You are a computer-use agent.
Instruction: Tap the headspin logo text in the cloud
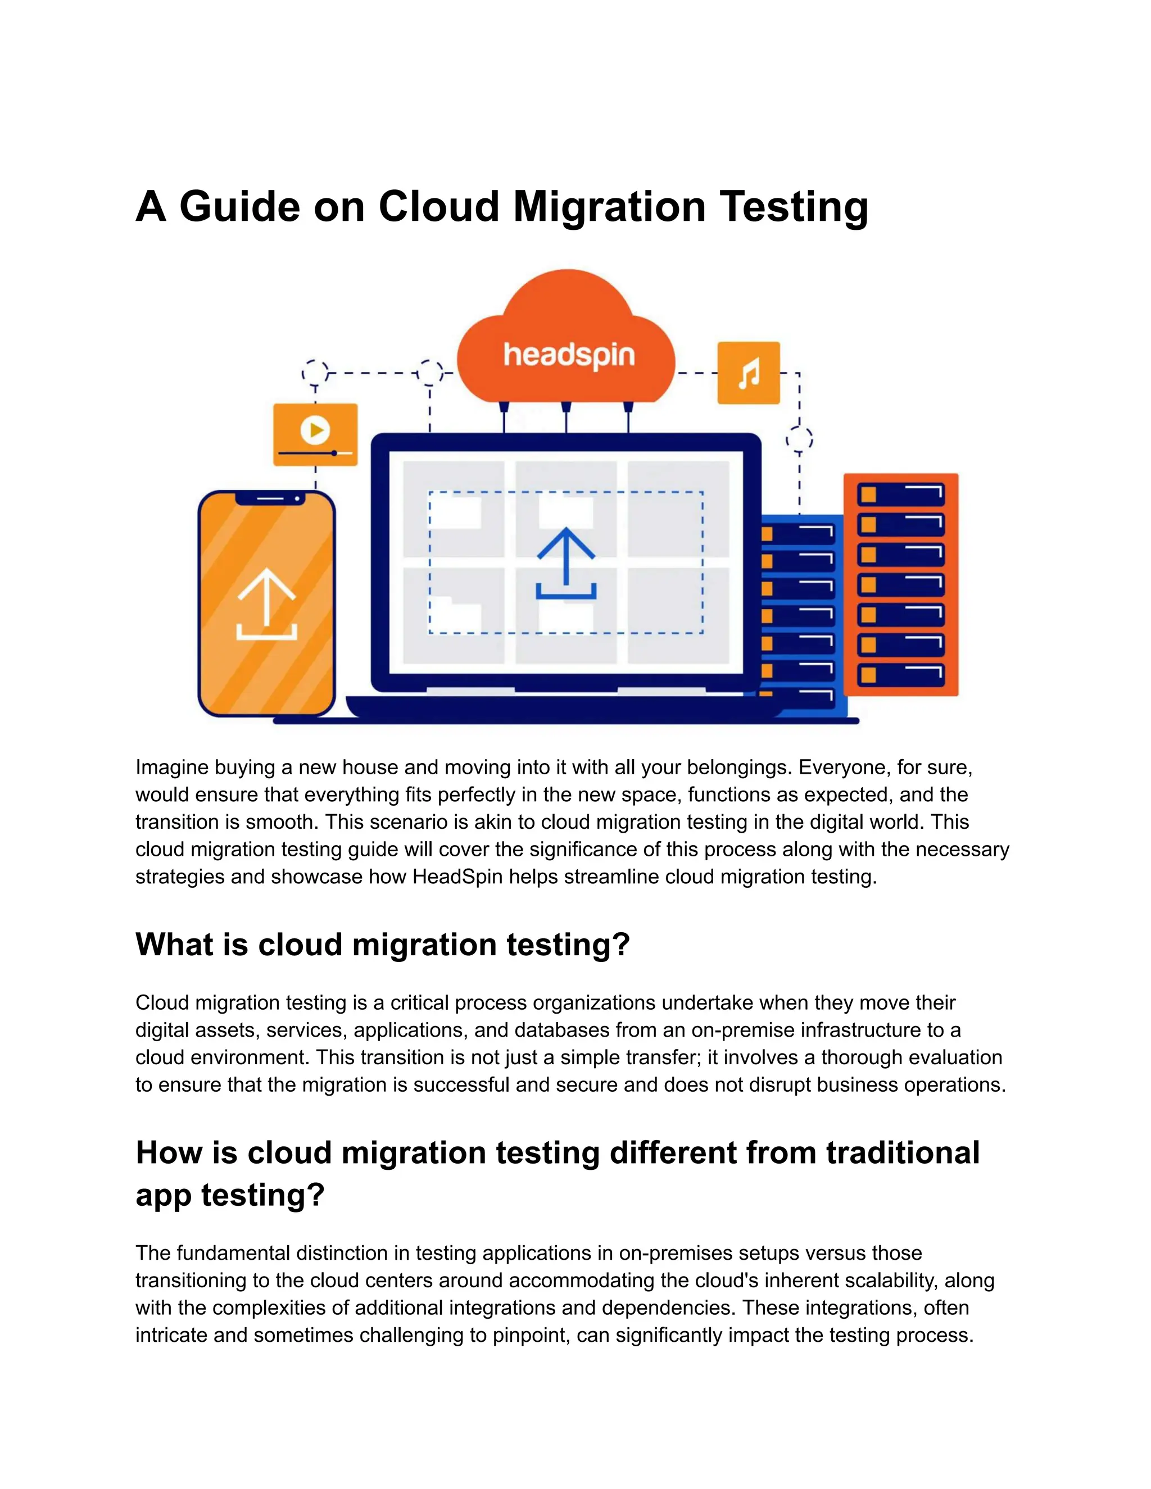[x=569, y=355]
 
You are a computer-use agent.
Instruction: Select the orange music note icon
[x=748, y=373]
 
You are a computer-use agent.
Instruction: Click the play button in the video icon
[x=315, y=430]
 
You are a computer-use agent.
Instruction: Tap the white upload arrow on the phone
[x=266, y=605]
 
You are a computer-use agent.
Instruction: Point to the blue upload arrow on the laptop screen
[x=566, y=563]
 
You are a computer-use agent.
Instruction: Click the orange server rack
[x=900, y=584]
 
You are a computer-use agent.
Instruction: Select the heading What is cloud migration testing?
[x=383, y=945]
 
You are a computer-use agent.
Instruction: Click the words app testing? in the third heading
[x=230, y=1195]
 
